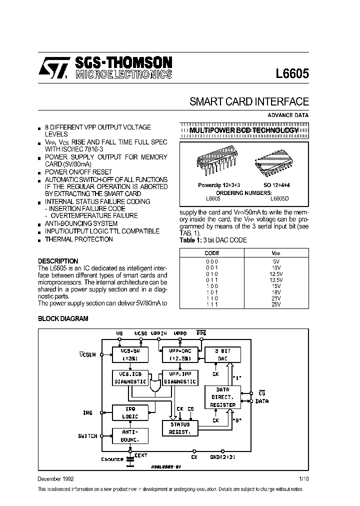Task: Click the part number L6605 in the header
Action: click(292, 73)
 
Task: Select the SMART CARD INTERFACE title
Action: click(249, 101)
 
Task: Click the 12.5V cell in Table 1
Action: click(276, 274)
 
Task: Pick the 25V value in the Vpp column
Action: click(276, 304)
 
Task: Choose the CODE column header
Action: click(212, 253)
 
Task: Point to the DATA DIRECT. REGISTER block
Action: click(222, 397)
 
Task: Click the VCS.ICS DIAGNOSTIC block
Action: click(129, 377)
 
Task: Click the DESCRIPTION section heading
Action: click(58, 261)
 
